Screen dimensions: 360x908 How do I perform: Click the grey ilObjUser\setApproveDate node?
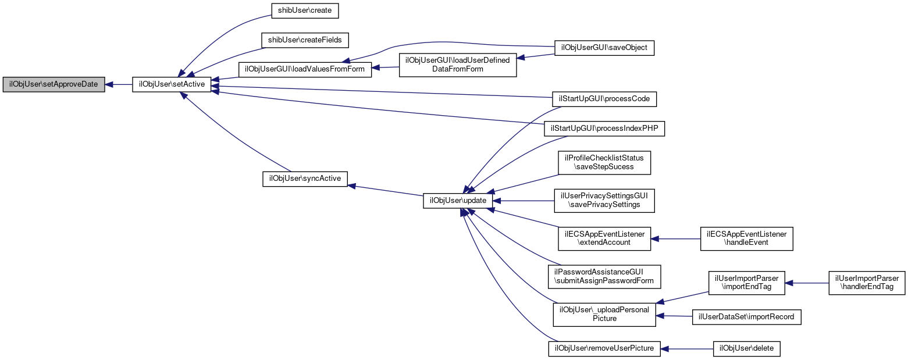(x=54, y=84)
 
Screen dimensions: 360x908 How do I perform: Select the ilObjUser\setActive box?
(x=172, y=84)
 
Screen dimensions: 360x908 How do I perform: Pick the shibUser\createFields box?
(x=305, y=40)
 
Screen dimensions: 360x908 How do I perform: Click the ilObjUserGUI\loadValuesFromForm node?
(x=305, y=69)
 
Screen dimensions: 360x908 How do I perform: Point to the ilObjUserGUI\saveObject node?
(x=604, y=48)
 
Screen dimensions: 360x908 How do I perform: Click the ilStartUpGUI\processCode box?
(x=604, y=99)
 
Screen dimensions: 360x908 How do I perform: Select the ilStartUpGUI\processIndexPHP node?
(x=604, y=129)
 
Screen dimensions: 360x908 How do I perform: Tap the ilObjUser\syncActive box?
(x=305, y=178)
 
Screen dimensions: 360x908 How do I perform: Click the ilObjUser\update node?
(x=458, y=201)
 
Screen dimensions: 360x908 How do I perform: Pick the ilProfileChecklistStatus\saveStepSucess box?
(x=604, y=163)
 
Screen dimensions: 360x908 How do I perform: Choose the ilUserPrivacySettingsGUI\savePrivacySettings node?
(x=604, y=200)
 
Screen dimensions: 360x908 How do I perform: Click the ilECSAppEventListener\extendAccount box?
(x=604, y=238)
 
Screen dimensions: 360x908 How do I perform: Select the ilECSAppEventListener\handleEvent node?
(x=747, y=238)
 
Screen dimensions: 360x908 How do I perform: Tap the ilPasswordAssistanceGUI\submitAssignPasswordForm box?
(x=604, y=276)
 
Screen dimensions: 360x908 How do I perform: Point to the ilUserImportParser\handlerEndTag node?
(x=867, y=283)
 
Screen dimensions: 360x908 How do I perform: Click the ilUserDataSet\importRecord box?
(x=746, y=317)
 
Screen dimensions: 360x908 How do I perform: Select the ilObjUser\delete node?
(x=746, y=349)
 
